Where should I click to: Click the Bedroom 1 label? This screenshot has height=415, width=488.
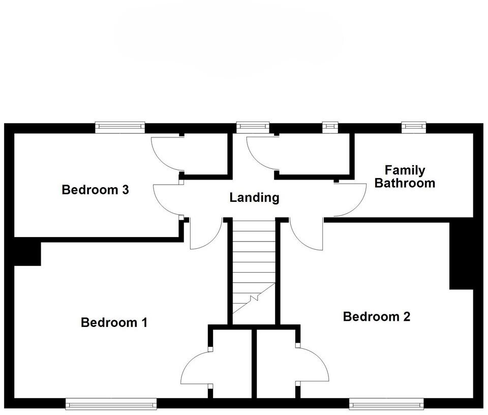[114, 322]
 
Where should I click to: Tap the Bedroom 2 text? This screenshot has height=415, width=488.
[376, 317]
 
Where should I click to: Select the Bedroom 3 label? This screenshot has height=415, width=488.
[95, 190]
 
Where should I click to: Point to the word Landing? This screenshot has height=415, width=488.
[254, 197]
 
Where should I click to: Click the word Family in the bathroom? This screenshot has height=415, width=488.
[405, 170]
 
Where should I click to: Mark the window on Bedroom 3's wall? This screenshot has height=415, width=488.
[120, 127]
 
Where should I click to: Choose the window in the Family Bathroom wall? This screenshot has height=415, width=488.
[413, 127]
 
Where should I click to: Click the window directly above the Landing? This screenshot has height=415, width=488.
[253, 127]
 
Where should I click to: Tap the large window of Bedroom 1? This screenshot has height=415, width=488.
[111, 404]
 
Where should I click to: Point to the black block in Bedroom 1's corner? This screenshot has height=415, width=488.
[27, 253]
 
